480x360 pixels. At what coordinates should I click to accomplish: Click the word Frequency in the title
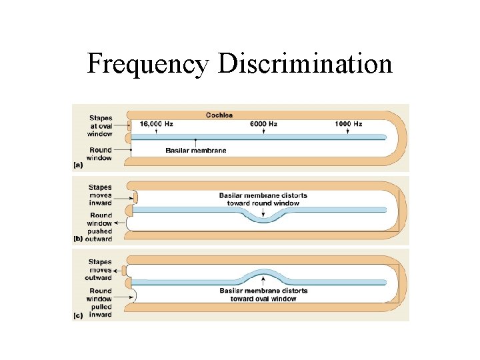[148, 64]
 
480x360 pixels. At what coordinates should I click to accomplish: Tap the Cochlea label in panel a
[219, 115]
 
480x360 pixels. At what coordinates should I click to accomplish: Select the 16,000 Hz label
[156, 124]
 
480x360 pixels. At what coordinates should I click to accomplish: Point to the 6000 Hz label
[263, 124]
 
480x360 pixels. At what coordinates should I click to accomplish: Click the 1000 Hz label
[348, 124]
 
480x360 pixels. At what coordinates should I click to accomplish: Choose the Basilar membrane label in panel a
[195, 150]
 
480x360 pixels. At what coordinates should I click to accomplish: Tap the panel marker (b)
[79, 239]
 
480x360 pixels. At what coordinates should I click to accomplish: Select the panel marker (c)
[79, 315]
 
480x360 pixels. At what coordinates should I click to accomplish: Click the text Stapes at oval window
[100, 126]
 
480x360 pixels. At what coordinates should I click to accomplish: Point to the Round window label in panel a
[100, 154]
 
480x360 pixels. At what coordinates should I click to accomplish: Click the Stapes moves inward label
[100, 195]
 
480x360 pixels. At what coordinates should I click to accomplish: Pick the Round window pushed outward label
[100, 227]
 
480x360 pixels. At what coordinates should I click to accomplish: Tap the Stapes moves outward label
[100, 270]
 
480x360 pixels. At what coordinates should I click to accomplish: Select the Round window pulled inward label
[100, 303]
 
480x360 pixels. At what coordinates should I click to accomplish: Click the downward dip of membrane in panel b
[264, 219]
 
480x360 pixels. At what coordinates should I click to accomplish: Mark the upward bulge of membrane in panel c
[264, 273]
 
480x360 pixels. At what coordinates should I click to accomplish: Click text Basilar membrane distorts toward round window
[263, 199]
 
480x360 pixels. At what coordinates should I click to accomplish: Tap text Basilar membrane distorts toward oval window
[263, 295]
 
